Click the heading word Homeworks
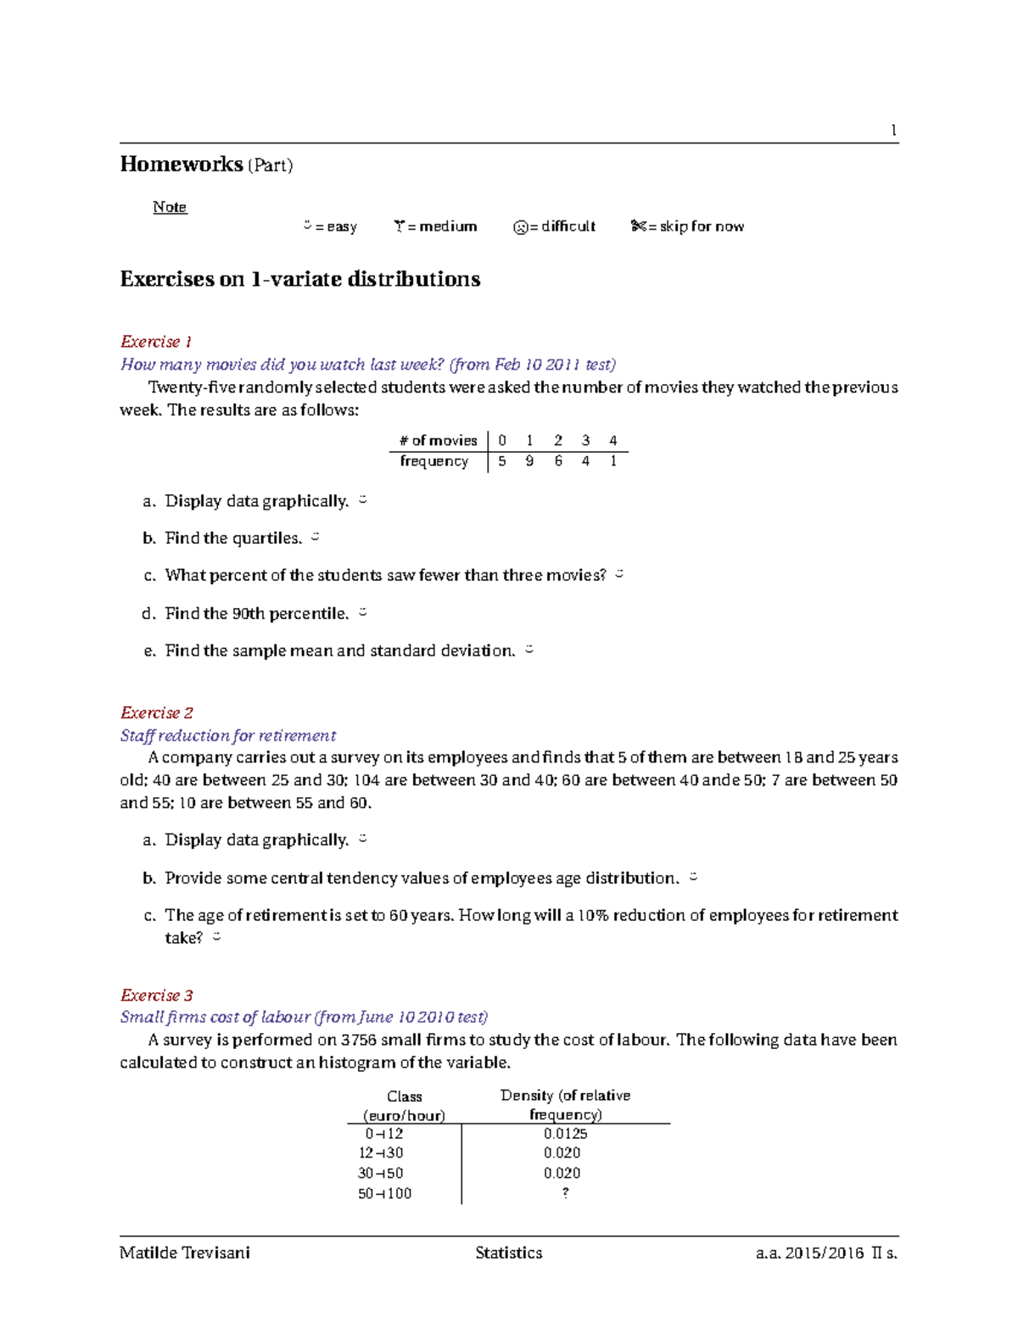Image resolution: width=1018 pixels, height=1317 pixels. coord(181,164)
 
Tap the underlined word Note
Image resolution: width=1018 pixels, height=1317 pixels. coord(170,207)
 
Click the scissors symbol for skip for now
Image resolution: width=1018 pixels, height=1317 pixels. coord(638,226)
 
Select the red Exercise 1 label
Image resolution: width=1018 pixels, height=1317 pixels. coord(156,342)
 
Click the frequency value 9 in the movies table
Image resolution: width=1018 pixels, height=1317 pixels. coord(529,461)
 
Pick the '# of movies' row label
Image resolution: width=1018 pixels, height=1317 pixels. coord(439,440)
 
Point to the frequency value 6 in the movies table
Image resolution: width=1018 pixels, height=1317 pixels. coord(558,461)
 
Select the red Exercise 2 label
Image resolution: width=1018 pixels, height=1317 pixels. coord(157,712)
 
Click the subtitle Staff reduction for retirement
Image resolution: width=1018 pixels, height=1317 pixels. coord(228,735)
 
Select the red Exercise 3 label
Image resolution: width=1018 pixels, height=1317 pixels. coord(157,995)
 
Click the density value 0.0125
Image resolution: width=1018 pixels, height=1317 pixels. coord(565,1134)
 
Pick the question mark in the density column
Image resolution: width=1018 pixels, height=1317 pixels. coord(565,1192)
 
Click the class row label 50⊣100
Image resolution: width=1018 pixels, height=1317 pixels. coord(384,1193)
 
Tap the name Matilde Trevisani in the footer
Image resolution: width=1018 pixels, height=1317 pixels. coord(185,1253)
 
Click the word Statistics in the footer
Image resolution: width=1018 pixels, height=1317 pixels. coord(509,1253)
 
